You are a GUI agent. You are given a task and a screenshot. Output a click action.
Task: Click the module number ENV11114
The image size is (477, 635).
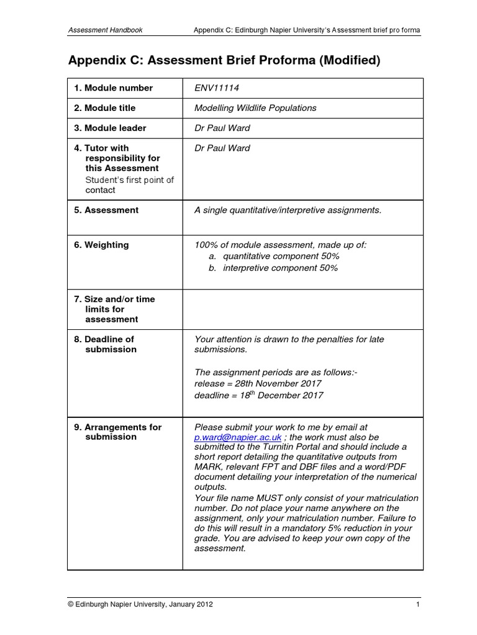217,88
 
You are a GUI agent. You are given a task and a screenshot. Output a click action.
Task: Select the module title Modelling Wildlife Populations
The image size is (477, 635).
255,108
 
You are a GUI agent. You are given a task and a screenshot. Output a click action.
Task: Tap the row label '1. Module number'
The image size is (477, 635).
113,88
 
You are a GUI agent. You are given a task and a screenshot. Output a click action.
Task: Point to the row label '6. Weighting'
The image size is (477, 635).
101,245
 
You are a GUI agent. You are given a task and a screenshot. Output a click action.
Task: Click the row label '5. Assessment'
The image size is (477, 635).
106,210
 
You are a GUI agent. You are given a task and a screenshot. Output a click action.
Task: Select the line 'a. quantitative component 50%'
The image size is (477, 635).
273,256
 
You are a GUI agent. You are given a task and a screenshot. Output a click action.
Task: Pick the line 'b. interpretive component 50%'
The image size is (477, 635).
273,268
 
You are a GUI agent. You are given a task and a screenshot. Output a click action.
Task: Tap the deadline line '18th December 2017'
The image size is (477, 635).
259,396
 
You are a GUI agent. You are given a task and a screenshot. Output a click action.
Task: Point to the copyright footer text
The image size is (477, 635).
140,605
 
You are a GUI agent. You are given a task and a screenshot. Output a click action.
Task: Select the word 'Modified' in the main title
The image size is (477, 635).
348,61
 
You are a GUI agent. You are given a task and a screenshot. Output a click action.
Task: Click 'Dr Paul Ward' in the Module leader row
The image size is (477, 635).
222,128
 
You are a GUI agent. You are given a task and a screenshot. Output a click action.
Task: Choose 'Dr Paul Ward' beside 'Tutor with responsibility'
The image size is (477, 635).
222,148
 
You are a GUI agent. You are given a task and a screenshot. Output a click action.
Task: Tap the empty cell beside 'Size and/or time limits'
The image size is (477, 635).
302,309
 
